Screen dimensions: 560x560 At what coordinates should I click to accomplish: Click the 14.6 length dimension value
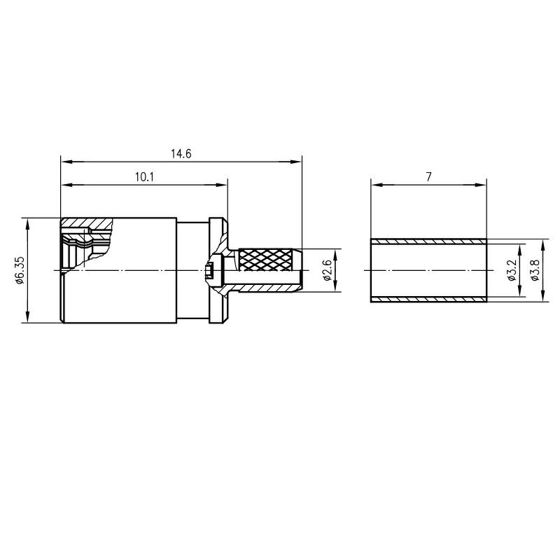[x=181, y=154]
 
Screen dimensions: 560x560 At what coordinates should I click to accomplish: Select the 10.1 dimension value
[x=144, y=177]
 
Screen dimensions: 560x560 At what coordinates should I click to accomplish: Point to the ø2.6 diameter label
[x=327, y=270]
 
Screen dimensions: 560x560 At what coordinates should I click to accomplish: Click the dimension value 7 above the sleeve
[x=428, y=177]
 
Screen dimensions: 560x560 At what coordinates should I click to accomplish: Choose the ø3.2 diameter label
[x=512, y=270]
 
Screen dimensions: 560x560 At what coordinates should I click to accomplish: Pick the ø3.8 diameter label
[x=535, y=270]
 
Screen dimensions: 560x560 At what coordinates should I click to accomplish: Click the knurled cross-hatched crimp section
[x=265, y=259]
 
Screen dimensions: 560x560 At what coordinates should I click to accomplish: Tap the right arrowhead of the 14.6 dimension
[x=296, y=162]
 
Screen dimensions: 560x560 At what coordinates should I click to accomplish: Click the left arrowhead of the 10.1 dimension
[x=66, y=185]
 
